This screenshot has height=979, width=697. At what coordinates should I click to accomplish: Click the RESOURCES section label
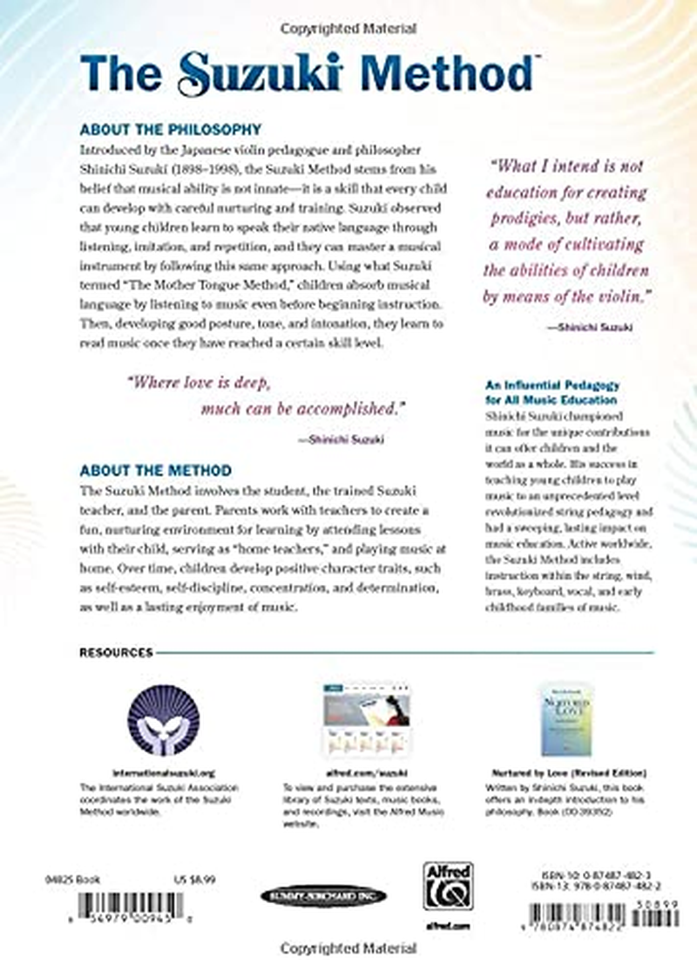116,651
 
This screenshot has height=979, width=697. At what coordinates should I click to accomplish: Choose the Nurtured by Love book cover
566,719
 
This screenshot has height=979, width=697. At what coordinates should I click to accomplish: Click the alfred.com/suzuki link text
357,772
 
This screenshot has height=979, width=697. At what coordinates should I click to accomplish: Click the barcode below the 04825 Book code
131,908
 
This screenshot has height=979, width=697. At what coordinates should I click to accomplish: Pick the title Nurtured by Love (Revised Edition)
567,772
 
